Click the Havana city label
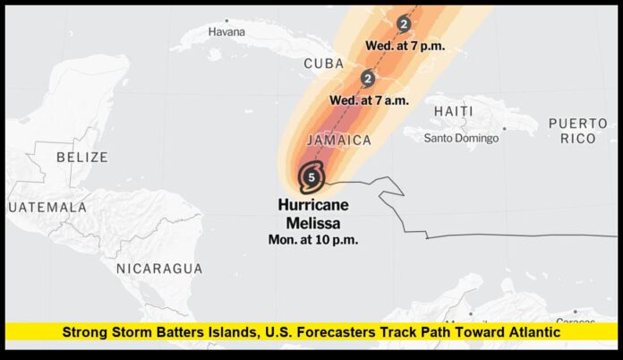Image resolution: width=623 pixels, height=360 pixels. tap(226, 31)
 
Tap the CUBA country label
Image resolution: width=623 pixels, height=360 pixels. tap(324, 64)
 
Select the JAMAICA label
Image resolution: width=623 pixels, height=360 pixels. tap(338, 141)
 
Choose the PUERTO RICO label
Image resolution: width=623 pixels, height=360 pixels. tap(578, 130)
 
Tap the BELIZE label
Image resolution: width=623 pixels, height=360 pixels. tap(81, 157)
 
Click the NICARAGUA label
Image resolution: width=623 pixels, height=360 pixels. tap(159, 268)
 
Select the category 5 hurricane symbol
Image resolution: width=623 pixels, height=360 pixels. tap(311, 176)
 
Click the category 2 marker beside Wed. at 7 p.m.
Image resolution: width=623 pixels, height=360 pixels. tap(405, 24)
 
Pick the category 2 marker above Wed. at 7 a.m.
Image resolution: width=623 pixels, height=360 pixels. tap(367, 79)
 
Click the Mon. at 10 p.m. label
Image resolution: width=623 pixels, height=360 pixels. tap(313, 239)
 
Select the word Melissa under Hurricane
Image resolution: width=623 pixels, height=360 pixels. tap(312, 222)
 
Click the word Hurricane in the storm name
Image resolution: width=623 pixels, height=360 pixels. tap(313, 205)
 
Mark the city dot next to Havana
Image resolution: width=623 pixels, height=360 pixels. tap(227, 20)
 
